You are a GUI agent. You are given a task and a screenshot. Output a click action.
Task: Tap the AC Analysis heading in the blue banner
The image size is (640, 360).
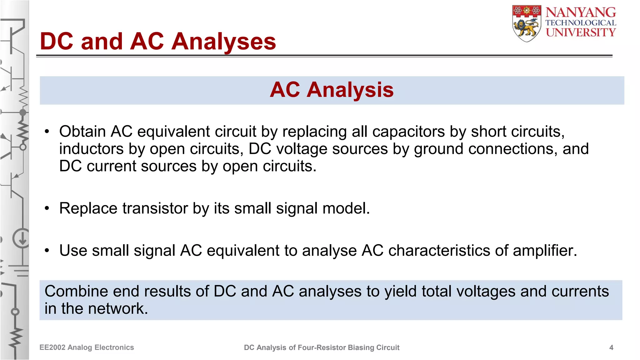332,90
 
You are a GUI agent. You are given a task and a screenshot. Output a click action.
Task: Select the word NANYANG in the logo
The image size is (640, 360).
581,12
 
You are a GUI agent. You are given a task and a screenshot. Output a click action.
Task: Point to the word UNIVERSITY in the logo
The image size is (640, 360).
581,32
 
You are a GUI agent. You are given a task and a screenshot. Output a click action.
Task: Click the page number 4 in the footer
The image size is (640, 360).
611,347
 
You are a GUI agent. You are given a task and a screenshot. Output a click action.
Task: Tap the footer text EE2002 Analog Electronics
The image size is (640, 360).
87,347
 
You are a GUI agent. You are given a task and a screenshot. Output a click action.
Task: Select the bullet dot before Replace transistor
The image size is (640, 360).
47,208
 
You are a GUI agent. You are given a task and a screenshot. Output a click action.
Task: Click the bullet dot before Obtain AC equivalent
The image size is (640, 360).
47,132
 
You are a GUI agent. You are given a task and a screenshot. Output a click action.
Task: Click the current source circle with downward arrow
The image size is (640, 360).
22,239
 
